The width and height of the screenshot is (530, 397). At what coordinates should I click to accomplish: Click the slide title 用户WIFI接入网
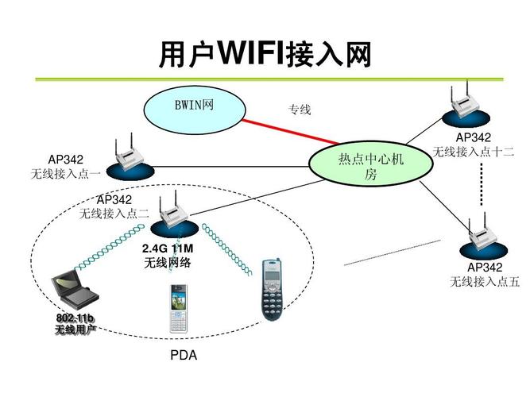(265, 55)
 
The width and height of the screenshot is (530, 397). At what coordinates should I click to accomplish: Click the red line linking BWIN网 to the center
(283, 132)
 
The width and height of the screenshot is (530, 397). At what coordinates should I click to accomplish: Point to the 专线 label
(299, 110)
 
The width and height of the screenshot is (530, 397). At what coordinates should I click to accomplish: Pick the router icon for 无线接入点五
(481, 233)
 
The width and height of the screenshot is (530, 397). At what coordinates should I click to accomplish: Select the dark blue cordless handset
(271, 289)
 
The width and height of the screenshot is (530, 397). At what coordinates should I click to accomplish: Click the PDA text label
(183, 356)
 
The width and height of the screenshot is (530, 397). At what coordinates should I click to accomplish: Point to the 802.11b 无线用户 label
(75, 324)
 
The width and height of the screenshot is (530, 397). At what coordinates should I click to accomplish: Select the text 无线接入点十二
(474, 151)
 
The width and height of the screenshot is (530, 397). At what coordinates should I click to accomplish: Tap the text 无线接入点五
(485, 281)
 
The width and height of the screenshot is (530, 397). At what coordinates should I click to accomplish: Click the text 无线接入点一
(65, 172)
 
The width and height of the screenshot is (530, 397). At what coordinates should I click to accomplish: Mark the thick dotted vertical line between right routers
(482, 185)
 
